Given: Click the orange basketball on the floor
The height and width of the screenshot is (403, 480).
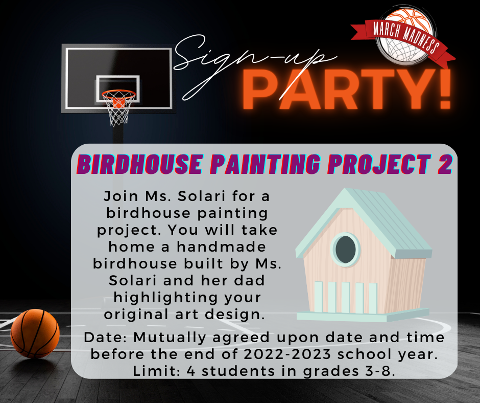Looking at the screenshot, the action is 35,333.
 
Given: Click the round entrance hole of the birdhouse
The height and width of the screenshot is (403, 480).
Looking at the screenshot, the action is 346,250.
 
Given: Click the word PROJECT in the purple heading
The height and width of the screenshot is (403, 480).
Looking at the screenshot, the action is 379,164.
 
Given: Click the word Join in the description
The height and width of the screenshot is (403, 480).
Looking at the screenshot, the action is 121,196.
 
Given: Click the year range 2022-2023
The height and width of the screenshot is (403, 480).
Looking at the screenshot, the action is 287,354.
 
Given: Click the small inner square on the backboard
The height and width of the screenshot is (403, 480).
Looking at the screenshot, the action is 118,88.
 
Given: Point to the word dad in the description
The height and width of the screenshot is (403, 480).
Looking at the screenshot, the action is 250,280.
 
